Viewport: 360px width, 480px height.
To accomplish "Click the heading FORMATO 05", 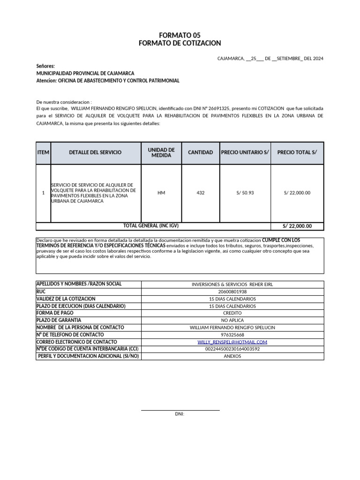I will coord(180,36).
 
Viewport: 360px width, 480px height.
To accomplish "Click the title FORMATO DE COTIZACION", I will coord(180,43).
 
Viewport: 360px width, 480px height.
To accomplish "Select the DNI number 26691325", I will coord(219,108).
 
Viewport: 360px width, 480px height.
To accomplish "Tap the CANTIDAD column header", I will coord(200,152).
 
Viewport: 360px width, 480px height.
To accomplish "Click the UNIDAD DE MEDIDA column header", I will coord(161,152).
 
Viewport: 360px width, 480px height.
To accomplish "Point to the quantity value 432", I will coord(200,193).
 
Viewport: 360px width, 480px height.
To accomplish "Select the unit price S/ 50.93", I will coord(245,193).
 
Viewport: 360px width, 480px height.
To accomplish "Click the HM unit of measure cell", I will coord(161,193).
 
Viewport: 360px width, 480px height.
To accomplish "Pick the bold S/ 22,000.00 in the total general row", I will coord(297,226).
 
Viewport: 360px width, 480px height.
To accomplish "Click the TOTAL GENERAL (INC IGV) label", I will coord(150,226).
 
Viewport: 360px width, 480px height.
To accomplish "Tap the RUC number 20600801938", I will coord(232,292).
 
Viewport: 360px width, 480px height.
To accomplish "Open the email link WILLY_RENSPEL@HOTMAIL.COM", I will coord(232,342).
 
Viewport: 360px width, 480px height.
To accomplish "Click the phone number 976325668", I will coord(232,335).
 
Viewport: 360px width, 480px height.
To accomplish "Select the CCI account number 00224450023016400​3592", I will coord(232,349).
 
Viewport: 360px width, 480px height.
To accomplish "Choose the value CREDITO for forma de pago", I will coord(232,313).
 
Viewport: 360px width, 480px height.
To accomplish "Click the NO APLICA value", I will coord(232,320).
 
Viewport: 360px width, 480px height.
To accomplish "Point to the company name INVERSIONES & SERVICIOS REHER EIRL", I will coord(232,285).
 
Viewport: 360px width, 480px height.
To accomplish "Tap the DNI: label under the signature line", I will coord(180,414).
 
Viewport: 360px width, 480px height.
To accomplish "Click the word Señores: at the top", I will coord(45,67).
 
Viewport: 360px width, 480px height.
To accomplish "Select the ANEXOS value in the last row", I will coord(232,356).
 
